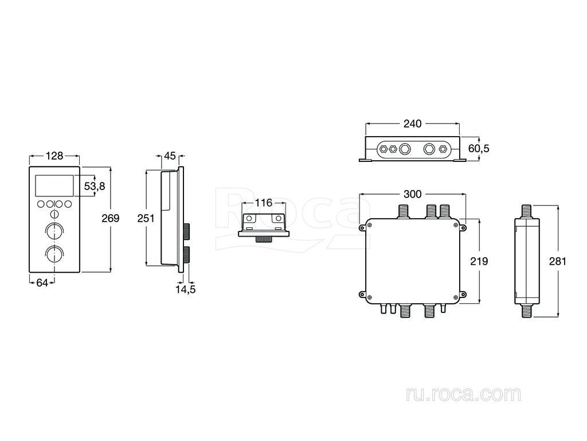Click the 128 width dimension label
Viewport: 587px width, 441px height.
pyautogui.click(x=54, y=156)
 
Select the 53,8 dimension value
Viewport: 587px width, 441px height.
pyautogui.click(x=95, y=186)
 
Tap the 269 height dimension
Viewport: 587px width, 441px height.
pyautogui.click(x=111, y=218)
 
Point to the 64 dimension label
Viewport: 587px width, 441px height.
pyautogui.click(x=42, y=283)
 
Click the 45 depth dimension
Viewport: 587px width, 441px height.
pyautogui.click(x=170, y=156)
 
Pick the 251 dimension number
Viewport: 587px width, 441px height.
pyautogui.click(x=146, y=218)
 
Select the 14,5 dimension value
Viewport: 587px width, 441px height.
pyautogui.click(x=186, y=289)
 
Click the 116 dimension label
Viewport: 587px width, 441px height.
pyautogui.click(x=263, y=203)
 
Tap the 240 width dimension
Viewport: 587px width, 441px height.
pyautogui.click(x=412, y=124)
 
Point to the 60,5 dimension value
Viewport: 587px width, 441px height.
pyautogui.click(x=479, y=149)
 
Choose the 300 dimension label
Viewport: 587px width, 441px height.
pyautogui.click(x=413, y=194)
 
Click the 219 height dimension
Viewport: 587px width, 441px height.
pyautogui.click(x=479, y=261)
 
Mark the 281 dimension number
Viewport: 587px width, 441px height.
pyautogui.click(x=558, y=261)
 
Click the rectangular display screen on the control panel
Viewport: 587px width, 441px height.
pyautogui.click(x=54, y=185)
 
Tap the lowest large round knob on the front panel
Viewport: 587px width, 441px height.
pyautogui.click(x=54, y=253)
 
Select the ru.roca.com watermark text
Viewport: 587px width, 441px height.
pyautogui.click(x=463, y=394)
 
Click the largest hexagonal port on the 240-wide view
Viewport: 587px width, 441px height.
pyautogui.click(x=405, y=149)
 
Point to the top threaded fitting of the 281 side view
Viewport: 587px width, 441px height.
pyautogui.click(x=527, y=211)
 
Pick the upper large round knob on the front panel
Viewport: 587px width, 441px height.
pyautogui.click(x=54, y=230)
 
